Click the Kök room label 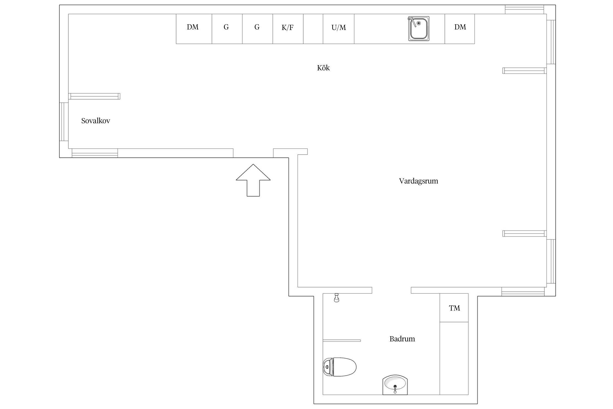tap(323, 68)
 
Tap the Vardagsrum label tap(418, 181)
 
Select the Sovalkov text tap(96, 121)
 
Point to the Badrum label tap(402, 339)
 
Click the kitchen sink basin tap(419, 29)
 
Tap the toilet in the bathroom tap(339, 367)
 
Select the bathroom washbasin tap(395, 385)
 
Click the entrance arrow tap(253, 180)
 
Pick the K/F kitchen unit tap(288, 29)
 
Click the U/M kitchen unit tap(339, 29)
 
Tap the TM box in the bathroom tap(454, 308)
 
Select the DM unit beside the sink tap(460, 29)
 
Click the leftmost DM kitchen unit tap(194, 29)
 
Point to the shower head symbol tap(336, 298)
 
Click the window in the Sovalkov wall tap(64, 122)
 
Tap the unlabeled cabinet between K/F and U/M tap(313, 29)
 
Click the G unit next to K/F tap(257, 29)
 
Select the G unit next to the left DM tap(227, 29)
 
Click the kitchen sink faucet tap(412, 21)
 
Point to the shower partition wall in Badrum tap(342, 341)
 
